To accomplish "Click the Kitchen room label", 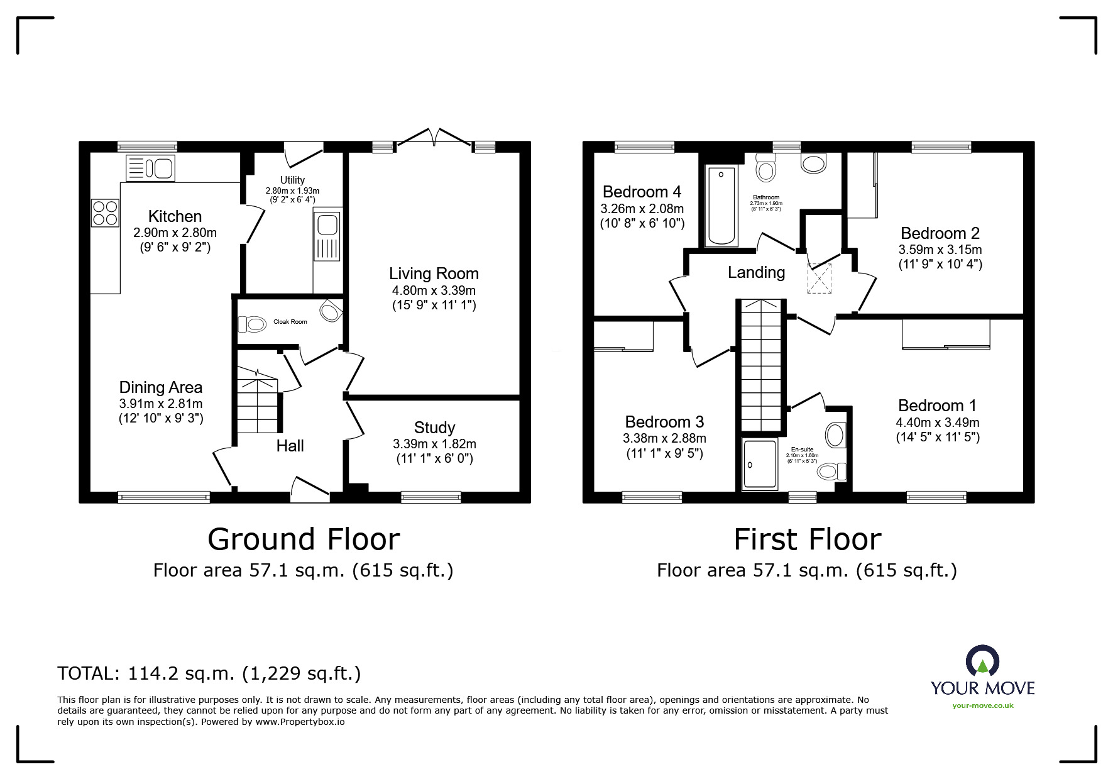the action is pyautogui.click(x=175, y=216).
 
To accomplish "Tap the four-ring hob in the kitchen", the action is pyautogui.click(x=105, y=213).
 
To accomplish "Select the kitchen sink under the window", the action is pyautogui.click(x=151, y=168).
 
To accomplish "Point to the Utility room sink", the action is pyautogui.click(x=327, y=236).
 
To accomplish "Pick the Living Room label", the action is pyautogui.click(x=434, y=273).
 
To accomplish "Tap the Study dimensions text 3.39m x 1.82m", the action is pyautogui.click(x=434, y=444).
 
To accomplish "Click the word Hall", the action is pyautogui.click(x=290, y=446).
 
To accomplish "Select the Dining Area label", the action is pyautogui.click(x=161, y=387).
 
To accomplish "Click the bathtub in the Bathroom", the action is pyautogui.click(x=721, y=206).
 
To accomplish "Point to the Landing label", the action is pyautogui.click(x=757, y=272).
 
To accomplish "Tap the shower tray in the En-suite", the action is pyautogui.click(x=759, y=465).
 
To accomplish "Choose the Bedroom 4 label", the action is pyautogui.click(x=642, y=192).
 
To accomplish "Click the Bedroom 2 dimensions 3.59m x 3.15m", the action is pyautogui.click(x=940, y=250).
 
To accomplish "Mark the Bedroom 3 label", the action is pyautogui.click(x=664, y=422).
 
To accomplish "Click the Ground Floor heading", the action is pyautogui.click(x=304, y=539).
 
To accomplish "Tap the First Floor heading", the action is pyautogui.click(x=808, y=539).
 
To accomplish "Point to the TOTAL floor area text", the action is pyautogui.click(x=209, y=674).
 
